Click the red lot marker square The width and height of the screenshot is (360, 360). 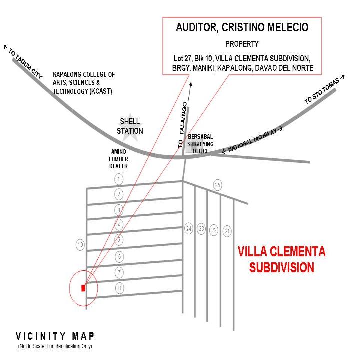(x=83, y=287)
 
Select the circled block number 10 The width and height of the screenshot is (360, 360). (x=80, y=245)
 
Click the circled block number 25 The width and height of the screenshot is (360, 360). (x=217, y=185)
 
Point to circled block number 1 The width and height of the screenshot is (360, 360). (x=119, y=179)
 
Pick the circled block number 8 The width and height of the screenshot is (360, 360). (x=119, y=288)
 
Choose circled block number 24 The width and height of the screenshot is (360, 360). (x=188, y=229)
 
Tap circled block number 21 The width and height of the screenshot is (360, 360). (x=227, y=231)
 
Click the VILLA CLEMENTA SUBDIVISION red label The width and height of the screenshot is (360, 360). (x=281, y=259)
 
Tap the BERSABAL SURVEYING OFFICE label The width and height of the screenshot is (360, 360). (x=200, y=144)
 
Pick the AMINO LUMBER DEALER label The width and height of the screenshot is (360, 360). (x=119, y=158)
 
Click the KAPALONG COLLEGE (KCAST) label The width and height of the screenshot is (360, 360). (x=84, y=83)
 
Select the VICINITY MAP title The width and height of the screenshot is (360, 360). (x=55, y=336)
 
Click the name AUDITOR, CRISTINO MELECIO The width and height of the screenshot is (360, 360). (x=242, y=28)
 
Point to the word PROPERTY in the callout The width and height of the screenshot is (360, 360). (x=242, y=44)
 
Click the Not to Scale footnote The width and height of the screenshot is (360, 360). (x=55, y=346)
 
